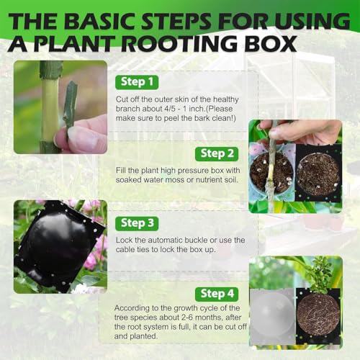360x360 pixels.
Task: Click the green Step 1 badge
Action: coord(137,82)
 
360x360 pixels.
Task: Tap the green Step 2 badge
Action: coord(217,154)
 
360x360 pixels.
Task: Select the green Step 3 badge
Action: coord(137,223)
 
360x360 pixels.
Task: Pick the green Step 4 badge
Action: coord(217,294)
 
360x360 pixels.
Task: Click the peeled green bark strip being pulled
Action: coord(71,105)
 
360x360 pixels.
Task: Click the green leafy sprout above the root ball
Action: coord(322,274)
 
